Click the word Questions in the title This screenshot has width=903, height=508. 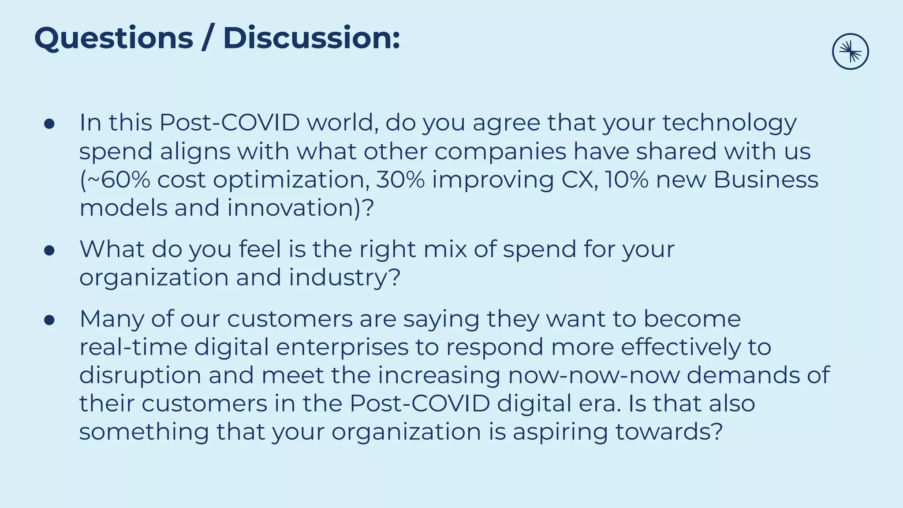click(x=114, y=39)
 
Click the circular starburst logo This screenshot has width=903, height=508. click(x=850, y=52)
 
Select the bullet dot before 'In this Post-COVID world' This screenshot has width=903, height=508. click(x=49, y=124)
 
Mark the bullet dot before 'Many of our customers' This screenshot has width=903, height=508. click(x=49, y=321)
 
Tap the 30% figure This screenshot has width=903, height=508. click(x=400, y=180)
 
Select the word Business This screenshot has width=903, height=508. click(x=766, y=180)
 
